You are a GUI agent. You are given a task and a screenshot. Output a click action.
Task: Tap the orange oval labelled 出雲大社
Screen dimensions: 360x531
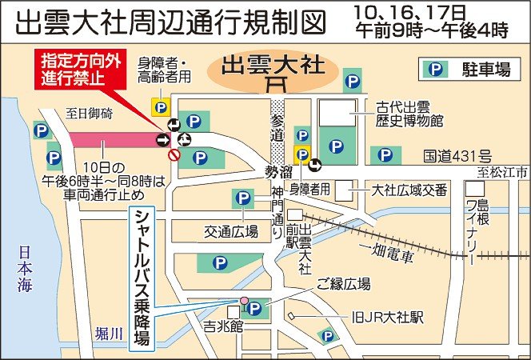274,68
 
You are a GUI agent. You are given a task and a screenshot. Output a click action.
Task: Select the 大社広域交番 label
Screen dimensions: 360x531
399,190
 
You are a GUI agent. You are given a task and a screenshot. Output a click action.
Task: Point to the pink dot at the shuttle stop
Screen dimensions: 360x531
246,302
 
